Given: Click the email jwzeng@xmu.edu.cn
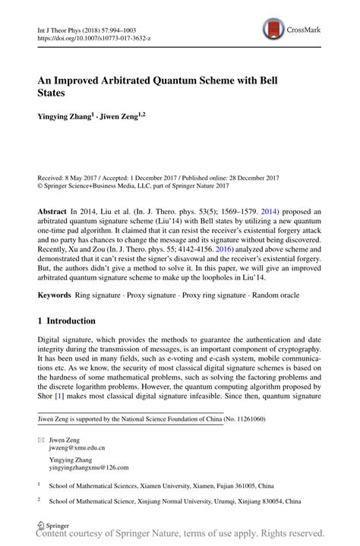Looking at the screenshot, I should (83, 449).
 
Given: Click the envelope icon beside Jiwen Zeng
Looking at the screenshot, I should (42, 440).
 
